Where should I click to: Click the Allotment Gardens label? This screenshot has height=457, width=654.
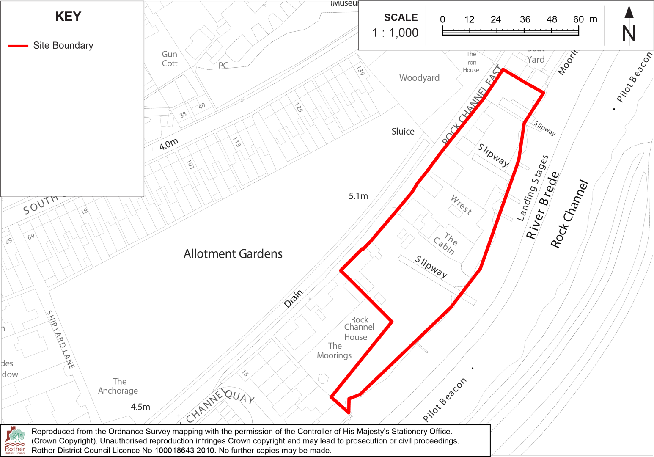tap(233, 254)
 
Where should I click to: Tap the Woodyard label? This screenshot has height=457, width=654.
tap(419, 78)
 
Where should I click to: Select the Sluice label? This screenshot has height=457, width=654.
tap(403, 132)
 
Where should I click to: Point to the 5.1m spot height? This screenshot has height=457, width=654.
tap(358, 196)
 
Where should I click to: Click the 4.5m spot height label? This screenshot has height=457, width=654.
tap(140, 407)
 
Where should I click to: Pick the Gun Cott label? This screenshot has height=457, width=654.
tap(170, 59)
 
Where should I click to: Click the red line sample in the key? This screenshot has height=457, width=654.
tap(18, 46)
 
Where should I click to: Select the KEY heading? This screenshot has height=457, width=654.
tap(68, 17)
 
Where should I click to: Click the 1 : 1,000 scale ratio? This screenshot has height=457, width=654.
tap(395, 33)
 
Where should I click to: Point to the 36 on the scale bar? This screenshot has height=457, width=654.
tap(525, 19)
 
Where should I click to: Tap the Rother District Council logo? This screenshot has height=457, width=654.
tap(15, 440)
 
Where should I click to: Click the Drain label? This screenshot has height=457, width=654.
tap(293, 298)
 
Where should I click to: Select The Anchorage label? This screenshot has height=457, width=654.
tap(118, 386)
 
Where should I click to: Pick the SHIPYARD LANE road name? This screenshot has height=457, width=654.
tap(60, 339)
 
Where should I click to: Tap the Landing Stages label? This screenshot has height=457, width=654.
tap(533, 188)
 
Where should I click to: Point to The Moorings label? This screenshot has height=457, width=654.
tap(335, 351)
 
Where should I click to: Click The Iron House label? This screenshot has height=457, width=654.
tap(471, 62)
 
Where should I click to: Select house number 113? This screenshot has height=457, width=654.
tap(236, 142)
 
